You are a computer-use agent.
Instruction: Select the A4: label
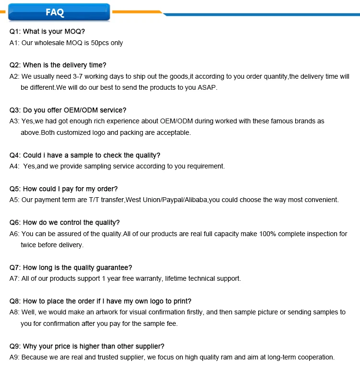pyautogui.click(x=15, y=167)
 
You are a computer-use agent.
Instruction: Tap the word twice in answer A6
pyautogui.click(x=28, y=245)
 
